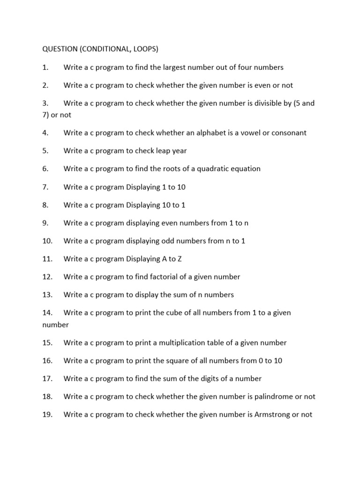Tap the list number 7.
[x=45, y=187]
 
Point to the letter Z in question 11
[x=180, y=259]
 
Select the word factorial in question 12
[x=165, y=277]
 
